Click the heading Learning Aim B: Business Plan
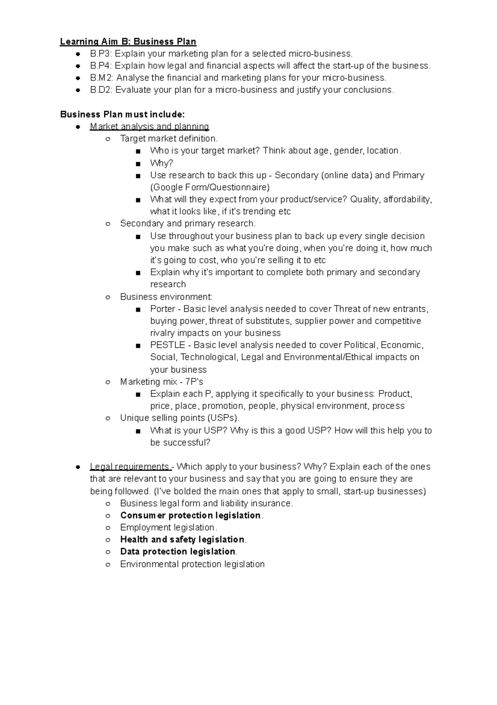click(128, 41)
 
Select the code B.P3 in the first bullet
click(101, 54)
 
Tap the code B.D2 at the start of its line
click(101, 90)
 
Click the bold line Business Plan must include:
click(123, 114)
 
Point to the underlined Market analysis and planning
click(149, 126)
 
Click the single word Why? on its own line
click(162, 163)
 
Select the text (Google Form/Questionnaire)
click(210, 187)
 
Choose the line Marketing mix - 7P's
click(162, 382)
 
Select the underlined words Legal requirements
click(130, 467)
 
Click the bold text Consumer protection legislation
click(191, 515)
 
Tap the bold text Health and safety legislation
click(182, 540)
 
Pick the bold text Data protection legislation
click(178, 552)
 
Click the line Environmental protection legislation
click(192, 564)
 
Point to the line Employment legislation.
click(168, 528)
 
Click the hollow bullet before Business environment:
click(108, 297)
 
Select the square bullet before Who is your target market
click(138, 151)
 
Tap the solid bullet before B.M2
click(78, 78)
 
